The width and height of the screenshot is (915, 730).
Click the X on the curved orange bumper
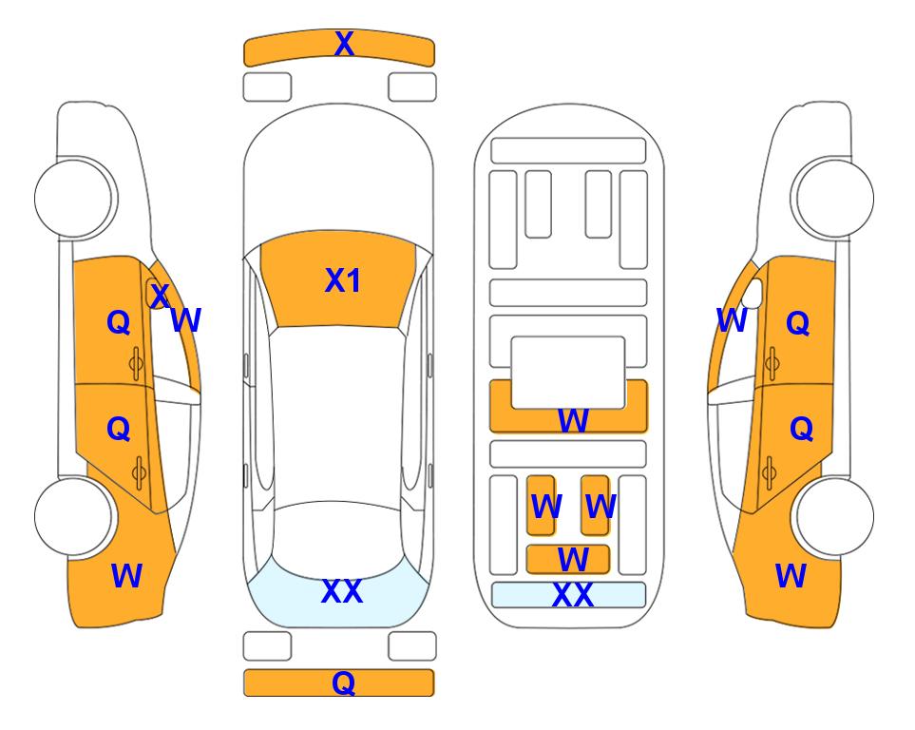(344, 44)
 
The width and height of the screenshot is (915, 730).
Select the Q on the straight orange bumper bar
(343, 682)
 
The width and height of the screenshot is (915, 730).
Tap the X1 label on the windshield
(343, 280)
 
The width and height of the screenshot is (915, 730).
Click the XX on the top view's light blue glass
(342, 591)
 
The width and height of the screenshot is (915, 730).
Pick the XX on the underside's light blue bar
(572, 595)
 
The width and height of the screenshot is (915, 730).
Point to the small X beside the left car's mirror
(160, 296)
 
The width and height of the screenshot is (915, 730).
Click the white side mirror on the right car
(753, 293)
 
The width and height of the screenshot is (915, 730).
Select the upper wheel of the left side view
(73, 198)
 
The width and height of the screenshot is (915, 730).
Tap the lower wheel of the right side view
(835, 516)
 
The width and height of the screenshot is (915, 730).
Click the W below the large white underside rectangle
(572, 420)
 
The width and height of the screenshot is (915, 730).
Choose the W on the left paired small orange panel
(546, 507)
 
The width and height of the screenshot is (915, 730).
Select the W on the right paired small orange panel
(600, 507)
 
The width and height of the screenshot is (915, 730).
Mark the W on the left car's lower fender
(126, 576)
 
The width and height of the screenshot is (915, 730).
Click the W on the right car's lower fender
(791, 576)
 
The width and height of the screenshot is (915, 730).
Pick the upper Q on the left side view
(119, 322)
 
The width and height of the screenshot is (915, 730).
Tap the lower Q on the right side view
(801, 429)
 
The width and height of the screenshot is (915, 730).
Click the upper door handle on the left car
(136, 363)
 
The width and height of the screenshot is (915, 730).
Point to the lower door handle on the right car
(771, 473)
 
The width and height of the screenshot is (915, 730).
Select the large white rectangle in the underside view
(568, 373)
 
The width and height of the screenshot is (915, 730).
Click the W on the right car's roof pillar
(732, 320)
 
